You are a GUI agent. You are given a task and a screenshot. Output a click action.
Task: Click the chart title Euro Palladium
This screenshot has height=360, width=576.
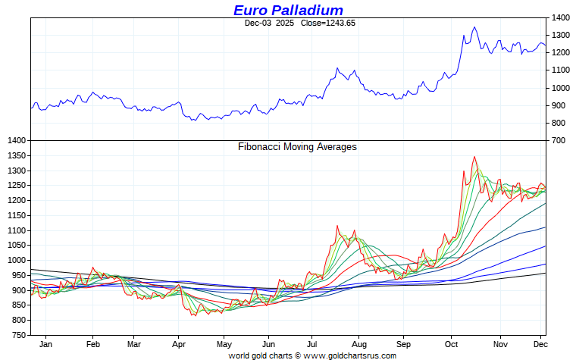(288, 10)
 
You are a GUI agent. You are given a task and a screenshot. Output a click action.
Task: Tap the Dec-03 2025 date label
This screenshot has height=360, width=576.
(269, 23)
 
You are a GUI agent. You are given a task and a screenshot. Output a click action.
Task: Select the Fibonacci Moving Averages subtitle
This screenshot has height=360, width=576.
(297, 147)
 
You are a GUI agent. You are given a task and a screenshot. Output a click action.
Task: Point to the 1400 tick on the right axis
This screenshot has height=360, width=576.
(561, 17)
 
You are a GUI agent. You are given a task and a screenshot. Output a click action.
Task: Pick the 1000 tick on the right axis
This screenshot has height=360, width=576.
(561, 88)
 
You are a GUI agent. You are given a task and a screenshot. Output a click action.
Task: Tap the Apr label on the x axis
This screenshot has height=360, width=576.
(178, 344)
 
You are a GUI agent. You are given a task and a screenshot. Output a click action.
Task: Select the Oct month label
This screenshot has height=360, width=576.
(450, 344)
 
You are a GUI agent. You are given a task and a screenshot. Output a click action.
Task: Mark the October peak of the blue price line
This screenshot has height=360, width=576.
(474, 27)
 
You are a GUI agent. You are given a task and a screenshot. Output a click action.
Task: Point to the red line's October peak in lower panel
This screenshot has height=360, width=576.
(474, 157)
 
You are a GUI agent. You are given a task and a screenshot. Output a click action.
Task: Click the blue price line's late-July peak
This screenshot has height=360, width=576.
(337, 68)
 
